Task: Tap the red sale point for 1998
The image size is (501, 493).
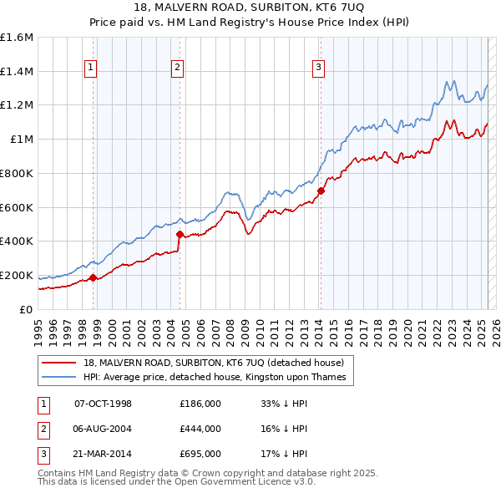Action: (93, 277)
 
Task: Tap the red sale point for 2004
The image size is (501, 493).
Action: (179, 233)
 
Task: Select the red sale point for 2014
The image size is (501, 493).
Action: (321, 191)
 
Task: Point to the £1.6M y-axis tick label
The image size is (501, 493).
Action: (17, 38)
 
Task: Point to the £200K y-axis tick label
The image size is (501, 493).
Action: (17, 275)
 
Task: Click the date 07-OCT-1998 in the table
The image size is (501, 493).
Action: (104, 404)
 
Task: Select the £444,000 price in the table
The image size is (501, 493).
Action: (200, 429)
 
